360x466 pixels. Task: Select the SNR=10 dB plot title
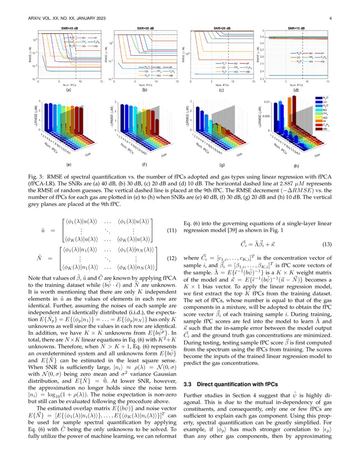[x=296, y=28]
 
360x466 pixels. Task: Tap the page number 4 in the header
[x=330, y=18]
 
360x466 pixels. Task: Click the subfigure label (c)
[x=221, y=90]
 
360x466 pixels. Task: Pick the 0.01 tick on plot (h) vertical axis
[x=266, y=102]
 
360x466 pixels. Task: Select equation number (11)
[x=172, y=231]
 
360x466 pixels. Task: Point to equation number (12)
[x=172, y=258]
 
